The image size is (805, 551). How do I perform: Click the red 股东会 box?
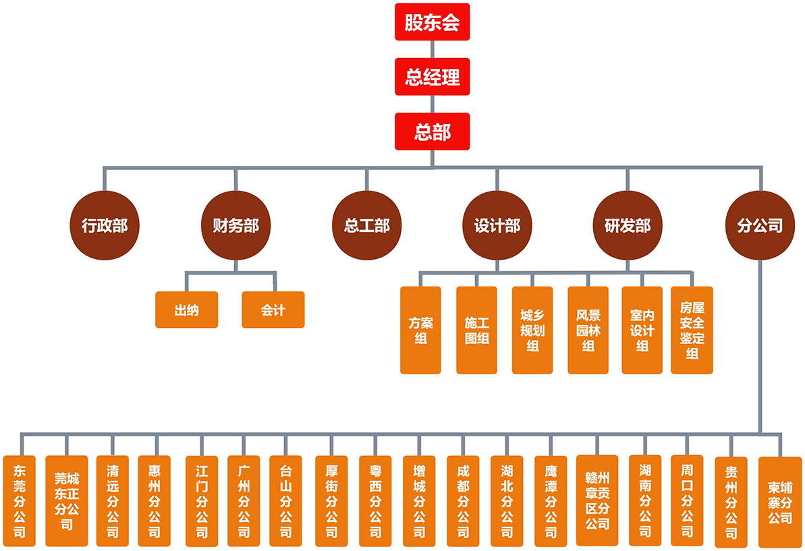(432, 22)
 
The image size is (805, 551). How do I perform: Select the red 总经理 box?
(432, 76)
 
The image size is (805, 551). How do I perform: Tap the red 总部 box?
(432, 132)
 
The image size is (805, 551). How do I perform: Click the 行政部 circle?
(104, 225)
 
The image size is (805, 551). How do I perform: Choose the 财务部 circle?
(235, 225)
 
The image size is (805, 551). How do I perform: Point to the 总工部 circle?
(366, 225)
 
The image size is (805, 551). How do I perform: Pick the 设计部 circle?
(497, 225)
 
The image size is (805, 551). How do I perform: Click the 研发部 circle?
(628, 225)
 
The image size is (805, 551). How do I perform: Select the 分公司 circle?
(760, 225)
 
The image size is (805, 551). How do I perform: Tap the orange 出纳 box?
(186, 310)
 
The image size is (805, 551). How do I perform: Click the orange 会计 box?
(273, 310)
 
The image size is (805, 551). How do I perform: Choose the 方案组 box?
(420, 330)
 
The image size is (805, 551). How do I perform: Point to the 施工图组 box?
(476, 330)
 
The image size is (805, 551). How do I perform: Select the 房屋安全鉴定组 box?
(692, 330)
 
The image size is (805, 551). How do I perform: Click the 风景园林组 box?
(588, 330)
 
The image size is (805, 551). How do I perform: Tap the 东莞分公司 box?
(19, 501)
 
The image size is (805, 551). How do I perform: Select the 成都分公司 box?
(463, 501)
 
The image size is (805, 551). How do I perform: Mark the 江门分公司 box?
(202, 501)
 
